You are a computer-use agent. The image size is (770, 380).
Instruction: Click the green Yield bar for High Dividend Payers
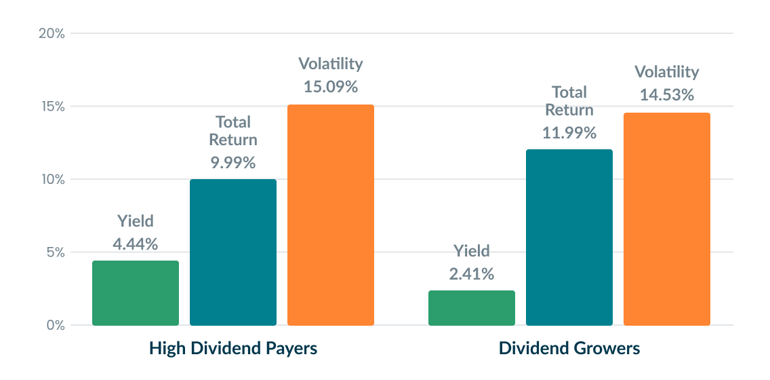click(136, 293)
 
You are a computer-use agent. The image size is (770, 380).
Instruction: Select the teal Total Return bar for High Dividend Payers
click(233, 252)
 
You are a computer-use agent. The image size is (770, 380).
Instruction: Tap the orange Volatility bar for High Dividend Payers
click(331, 215)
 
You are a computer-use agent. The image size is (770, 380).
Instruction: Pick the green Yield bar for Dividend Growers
click(472, 308)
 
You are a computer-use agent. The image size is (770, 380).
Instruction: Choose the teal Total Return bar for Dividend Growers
click(569, 237)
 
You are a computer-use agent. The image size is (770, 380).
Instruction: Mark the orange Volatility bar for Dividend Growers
click(667, 219)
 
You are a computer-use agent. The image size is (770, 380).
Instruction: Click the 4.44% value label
click(136, 244)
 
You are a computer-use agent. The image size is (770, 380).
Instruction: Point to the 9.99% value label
click(233, 163)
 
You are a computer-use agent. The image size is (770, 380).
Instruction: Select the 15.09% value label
click(331, 87)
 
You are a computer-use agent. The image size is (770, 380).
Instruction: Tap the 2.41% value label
click(472, 274)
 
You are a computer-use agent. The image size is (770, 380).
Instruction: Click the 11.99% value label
click(569, 133)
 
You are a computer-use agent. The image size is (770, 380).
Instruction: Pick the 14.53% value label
click(667, 95)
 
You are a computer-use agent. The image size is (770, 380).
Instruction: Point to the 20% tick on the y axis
click(51, 33)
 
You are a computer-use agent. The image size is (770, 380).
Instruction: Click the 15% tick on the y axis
click(51, 107)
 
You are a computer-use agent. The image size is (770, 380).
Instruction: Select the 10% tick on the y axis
click(51, 180)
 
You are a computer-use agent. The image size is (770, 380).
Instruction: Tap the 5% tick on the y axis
click(54, 252)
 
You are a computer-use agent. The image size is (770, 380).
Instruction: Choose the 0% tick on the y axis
click(54, 326)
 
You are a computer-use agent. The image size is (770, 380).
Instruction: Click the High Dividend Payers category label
click(233, 349)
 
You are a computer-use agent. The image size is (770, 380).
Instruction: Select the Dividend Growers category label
click(569, 349)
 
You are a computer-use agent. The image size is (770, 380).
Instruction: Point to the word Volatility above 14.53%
click(667, 72)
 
